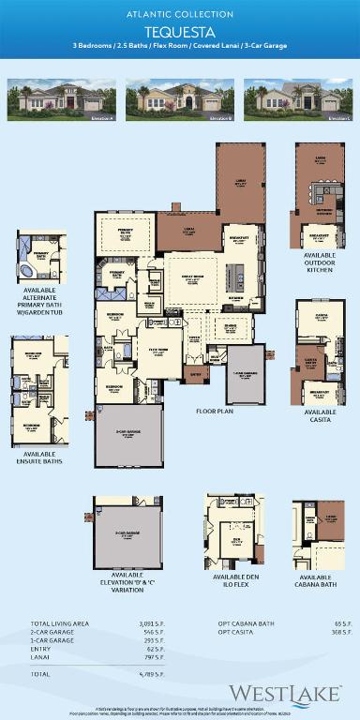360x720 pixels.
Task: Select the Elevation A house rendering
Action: pos(62,99)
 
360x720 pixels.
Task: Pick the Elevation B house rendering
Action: pos(180,99)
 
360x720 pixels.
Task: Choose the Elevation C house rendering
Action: pos(297,99)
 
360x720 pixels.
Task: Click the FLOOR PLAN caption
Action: pos(214,411)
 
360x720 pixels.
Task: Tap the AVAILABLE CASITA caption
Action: pos(321,415)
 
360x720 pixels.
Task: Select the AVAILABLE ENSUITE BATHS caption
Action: pos(40,458)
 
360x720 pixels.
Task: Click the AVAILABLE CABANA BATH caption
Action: pos(316,581)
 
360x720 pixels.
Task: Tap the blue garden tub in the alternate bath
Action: pos(26,271)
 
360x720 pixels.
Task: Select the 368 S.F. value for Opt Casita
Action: pos(342,632)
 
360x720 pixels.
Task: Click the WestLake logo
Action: pos(286,695)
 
